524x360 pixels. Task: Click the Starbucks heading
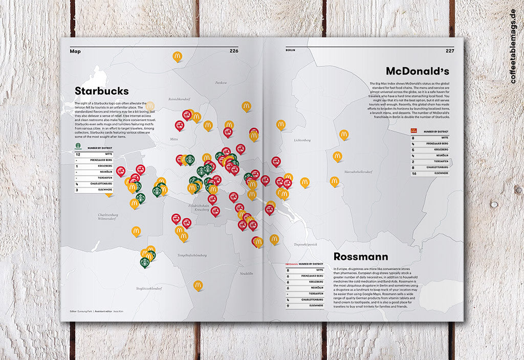pyautogui.click(x=101, y=91)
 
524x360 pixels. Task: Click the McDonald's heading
pyautogui.click(x=417, y=71)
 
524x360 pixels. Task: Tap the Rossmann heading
pyautogui.click(x=360, y=257)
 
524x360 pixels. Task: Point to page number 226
pyautogui.click(x=234, y=51)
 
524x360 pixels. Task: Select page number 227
pyautogui.click(x=450, y=51)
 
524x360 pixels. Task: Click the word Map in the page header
pyautogui.click(x=75, y=51)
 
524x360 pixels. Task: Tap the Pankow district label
pyautogui.click(x=221, y=82)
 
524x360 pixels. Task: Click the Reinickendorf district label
pyautogui.click(x=180, y=99)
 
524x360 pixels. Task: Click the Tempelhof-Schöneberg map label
pyautogui.click(x=192, y=255)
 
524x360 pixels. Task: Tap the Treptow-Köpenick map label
pyautogui.click(x=306, y=244)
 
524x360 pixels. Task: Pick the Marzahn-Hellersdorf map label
pyautogui.click(x=362, y=172)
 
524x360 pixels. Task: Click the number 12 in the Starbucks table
pyautogui.click(x=78, y=153)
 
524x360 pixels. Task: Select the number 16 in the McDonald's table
pyautogui.click(x=414, y=173)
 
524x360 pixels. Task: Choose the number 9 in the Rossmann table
pyautogui.click(x=289, y=305)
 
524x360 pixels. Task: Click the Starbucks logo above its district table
pyautogui.click(x=78, y=148)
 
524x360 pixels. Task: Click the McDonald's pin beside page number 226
pyautogui.click(x=177, y=56)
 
